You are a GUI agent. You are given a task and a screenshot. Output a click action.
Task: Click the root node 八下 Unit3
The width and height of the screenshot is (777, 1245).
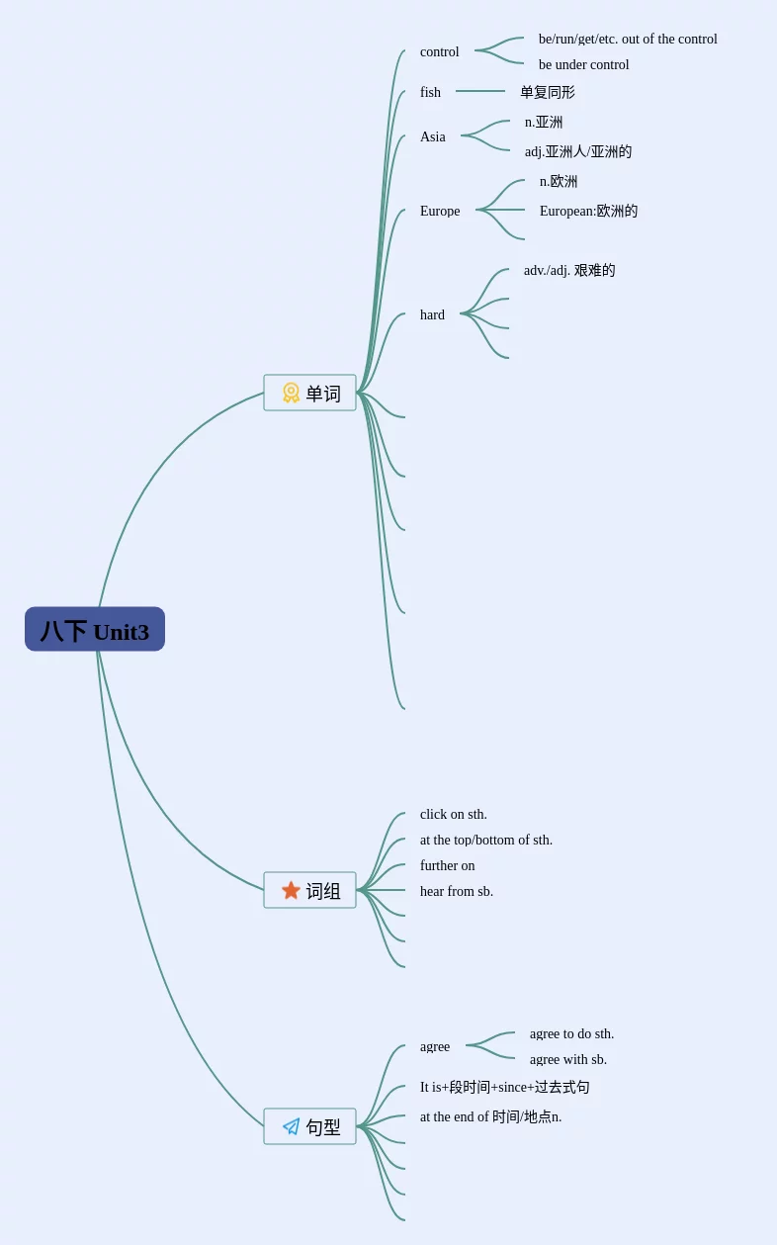pyautogui.click(x=95, y=630)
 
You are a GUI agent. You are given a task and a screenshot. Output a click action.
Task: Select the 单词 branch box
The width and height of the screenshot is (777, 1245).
pyautogui.click(x=309, y=393)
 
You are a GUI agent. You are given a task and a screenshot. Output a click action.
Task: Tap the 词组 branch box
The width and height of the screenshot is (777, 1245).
pyautogui.click(x=309, y=890)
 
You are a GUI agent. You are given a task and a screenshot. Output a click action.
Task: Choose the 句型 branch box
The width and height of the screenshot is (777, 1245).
pyautogui.click(x=309, y=1126)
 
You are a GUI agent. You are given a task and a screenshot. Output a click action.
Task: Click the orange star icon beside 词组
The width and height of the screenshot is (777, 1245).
pyautogui.click(x=291, y=890)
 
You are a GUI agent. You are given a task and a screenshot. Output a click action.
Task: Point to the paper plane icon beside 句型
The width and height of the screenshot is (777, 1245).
pyautogui.click(x=291, y=1126)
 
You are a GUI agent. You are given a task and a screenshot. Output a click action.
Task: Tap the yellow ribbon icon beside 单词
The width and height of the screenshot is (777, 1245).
pyautogui.click(x=291, y=393)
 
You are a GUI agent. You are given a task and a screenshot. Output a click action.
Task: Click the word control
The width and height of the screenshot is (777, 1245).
pyautogui.click(x=439, y=51)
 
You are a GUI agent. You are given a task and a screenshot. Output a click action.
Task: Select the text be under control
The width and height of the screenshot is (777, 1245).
pyautogui.click(x=583, y=64)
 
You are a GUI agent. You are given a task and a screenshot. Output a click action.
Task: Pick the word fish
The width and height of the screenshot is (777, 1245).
pyautogui.click(x=430, y=92)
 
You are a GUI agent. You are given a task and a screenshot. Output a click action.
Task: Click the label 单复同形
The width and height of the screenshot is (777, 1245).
pyautogui.click(x=547, y=92)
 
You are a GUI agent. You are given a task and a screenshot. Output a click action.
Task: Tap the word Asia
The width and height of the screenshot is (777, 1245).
pyautogui.click(x=432, y=136)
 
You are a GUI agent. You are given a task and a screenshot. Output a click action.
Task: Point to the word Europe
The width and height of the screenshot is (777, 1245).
pyautogui.click(x=439, y=211)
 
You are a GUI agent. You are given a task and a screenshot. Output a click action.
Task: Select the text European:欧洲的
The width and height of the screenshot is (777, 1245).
pyautogui.click(x=588, y=211)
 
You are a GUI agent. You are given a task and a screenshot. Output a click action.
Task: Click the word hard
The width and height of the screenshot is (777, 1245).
pyautogui.click(x=432, y=314)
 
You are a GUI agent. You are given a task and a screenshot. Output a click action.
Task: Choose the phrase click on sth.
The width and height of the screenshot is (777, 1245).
pyautogui.click(x=453, y=814)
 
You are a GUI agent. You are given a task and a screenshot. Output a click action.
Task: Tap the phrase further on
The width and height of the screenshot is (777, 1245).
pyautogui.click(x=447, y=865)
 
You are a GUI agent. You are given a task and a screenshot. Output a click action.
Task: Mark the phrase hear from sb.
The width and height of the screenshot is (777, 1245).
pyautogui.click(x=456, y=891)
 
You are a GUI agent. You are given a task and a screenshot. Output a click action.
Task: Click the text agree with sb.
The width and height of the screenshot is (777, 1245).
pyautogui.click(x=567, y=1059)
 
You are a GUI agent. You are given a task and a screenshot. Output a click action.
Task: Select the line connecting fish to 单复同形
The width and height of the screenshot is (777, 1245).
pyautogui.click(x=480, y=91)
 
